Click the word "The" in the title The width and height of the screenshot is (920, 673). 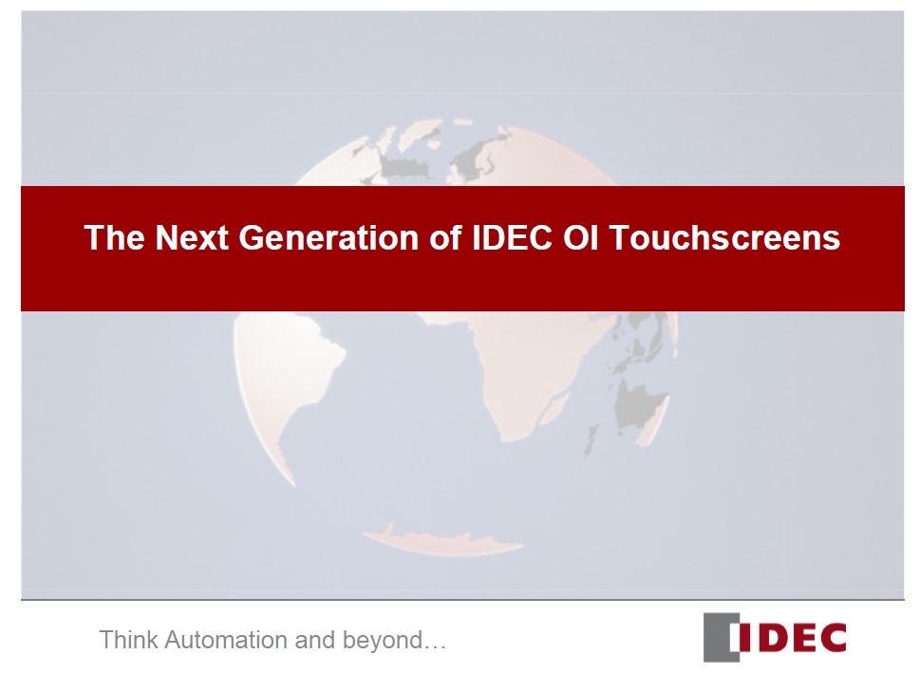click(x=115, y=237)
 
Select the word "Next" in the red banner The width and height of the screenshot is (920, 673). click(x=192, y=237)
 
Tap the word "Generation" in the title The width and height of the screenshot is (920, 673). click(x=329, y=237)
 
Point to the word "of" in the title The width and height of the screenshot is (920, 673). click(x=446, y=237)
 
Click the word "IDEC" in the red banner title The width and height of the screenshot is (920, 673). click(x=513, y=237)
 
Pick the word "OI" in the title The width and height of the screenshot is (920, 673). click(x=580, y=237)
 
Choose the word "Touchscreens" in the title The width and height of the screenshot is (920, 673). click(x=724, y=237)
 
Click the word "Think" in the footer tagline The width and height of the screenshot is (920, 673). click(x=128, y=640)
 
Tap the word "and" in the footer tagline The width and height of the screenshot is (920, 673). click(x=314, y=640)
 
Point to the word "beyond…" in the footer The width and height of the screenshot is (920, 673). click(x=394, y=641)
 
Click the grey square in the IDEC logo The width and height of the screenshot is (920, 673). click(x=717, y=637)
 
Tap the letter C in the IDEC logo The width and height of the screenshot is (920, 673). click(x=830, y=638)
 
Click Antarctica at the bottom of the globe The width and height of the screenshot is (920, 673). click(x=443, y=541)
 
